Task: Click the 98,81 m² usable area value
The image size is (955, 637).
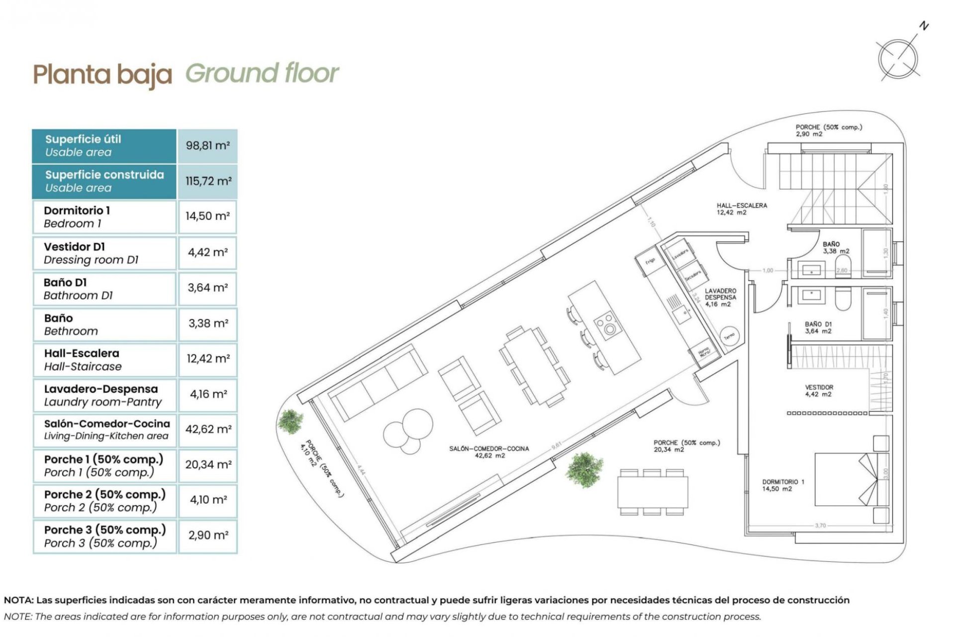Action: pos(207,146)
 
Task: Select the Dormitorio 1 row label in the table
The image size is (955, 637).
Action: pos(77,217)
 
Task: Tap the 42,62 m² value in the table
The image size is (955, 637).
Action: pos(208,429)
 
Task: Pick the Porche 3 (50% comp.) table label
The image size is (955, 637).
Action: pos(104,536)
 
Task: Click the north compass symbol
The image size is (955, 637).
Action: pos(898,59)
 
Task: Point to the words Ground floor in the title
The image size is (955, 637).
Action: pos(262,74)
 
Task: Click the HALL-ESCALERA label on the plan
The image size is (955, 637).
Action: pos(741,209)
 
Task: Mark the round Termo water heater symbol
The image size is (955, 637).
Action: pos(729,336)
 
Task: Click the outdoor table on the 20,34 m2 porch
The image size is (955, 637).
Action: pos(653,492)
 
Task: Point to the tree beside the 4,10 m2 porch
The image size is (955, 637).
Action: pos(290,421)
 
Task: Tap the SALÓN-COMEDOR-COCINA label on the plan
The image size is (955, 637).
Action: pos(488,452)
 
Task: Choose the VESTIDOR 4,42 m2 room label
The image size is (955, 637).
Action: pos(819,391)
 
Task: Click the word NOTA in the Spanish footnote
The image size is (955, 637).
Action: pos(19,600)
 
